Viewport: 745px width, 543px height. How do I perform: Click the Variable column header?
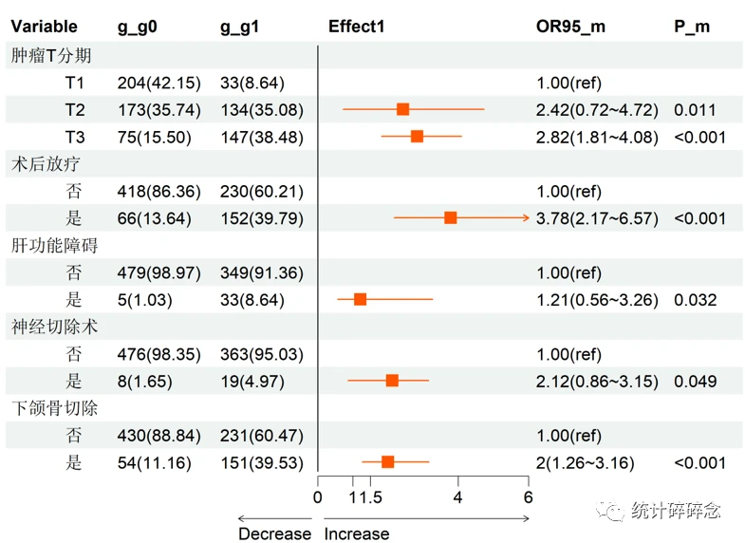click(44, 27)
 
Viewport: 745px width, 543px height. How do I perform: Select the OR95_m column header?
click(570, 27)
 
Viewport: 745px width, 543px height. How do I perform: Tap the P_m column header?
click(691, 27)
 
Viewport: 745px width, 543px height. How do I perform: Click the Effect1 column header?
click(357, 27)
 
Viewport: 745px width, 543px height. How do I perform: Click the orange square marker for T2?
click(402, 110)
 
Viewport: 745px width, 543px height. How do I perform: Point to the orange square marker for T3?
click(417, 137)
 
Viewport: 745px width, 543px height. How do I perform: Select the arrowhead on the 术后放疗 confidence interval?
click(526, 218)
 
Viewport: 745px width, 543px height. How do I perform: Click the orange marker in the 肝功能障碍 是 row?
click(360, 300)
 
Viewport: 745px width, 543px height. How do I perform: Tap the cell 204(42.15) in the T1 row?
click(158, 84)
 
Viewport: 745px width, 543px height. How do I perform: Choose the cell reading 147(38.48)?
click(261, 138)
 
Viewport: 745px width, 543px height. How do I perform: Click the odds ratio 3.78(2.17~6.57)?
click(597, 219)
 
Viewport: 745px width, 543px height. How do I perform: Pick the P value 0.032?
click(695, 301)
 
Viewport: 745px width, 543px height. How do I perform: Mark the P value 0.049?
click(695, 383)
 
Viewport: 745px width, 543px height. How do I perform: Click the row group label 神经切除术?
click(55, 327)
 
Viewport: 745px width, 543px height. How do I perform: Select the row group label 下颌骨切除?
click(55, 408)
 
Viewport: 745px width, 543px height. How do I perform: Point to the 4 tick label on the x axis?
click(457, 497)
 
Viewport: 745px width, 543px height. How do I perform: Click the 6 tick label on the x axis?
click(528, 497)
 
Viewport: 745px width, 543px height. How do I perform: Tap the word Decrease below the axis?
click(274, 534)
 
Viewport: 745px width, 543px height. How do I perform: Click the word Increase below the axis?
click(357, 534)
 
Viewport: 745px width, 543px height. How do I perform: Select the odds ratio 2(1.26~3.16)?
click(585, 463)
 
